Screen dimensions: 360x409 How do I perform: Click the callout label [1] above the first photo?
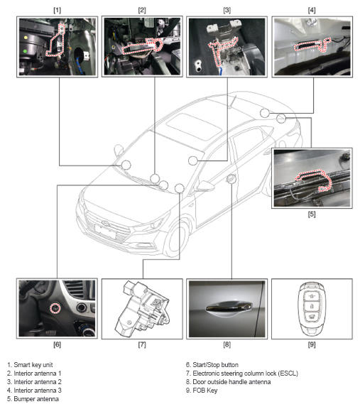(x=57, y=11)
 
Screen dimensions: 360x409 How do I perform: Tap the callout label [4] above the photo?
(x=312, y=11)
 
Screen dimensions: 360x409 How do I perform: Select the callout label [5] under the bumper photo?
(x=312, y=214)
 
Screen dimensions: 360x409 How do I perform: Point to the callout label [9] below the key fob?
(x=312, y=344)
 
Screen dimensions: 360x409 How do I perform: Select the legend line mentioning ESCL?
(x=242, y=373)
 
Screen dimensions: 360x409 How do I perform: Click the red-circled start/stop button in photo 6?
(x=55, y=308)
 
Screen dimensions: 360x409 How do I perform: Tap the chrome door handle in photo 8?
(x=229, y=307)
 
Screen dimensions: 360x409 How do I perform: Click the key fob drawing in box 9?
(x=312, y=309)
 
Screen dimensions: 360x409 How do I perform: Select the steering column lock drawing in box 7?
(x=142, y=309)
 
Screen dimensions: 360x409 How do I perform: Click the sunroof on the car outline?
(x=194, y=125)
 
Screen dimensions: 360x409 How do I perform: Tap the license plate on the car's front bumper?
(x=105, y=231)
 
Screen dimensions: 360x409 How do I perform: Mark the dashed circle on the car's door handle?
(x=231, y=179)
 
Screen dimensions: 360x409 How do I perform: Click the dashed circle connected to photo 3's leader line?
(x=193, y=160)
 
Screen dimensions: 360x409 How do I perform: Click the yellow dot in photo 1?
(x=26, y=38)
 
